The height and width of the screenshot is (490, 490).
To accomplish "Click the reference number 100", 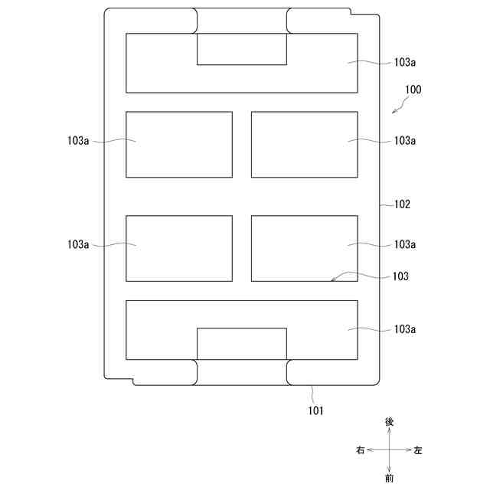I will (x=413, y=90).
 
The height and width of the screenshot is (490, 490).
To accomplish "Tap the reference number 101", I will (x=316, y=410).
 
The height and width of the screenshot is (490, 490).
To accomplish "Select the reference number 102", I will (x=402, y=204).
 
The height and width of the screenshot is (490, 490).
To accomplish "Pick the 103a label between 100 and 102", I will (x=405, y=141).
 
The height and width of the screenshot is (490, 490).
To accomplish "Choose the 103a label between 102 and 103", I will (x=405, y=244).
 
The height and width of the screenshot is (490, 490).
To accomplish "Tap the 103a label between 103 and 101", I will (x=405, y=329).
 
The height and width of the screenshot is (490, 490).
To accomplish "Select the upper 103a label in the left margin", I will (x=79, y=141).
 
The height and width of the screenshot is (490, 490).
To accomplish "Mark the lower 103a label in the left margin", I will (x=79, y=244).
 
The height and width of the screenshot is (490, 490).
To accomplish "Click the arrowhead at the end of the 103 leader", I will (x=332, y=281).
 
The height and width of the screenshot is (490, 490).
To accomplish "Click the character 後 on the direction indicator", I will (x=390, y=422).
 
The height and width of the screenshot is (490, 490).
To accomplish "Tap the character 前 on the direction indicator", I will (x=390, y=479).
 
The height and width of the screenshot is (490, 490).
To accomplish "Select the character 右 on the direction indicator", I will (x=360, y=450).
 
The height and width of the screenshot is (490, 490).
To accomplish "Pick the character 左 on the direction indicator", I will (x=418, y=450).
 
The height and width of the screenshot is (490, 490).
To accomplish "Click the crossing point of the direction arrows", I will (x=390, y=450).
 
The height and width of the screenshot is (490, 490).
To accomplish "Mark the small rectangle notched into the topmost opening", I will (x=242, y=49).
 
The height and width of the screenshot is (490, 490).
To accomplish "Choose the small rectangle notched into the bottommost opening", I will (x=242, y=344).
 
